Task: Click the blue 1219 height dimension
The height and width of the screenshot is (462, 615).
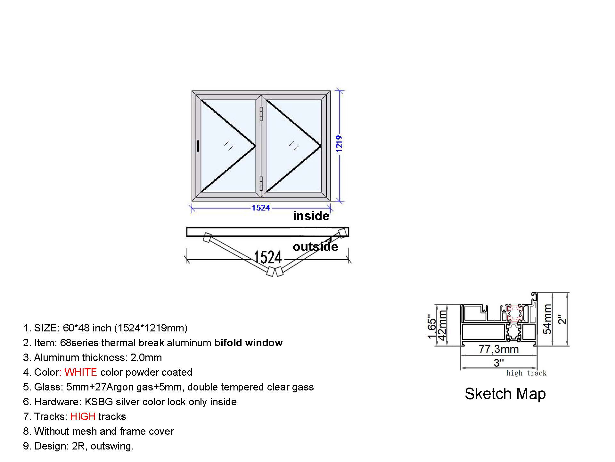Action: [340, 143]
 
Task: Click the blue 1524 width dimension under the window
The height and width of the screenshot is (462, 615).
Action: [261, 208]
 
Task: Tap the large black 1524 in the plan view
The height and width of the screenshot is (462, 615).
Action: [268, 257]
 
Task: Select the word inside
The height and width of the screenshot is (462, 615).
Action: [311, 216]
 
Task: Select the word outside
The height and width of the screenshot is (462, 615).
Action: [316, 246]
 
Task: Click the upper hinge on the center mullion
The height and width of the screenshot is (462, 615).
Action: [261, 114]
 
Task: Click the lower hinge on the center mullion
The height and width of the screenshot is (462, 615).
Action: [261, 184]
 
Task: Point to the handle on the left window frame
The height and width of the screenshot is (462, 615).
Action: [198, 146]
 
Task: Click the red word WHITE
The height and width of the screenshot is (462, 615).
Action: [81, 372]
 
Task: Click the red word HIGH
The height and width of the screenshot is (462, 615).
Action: [83, 416]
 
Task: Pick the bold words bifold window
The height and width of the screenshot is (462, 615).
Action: [249, 343]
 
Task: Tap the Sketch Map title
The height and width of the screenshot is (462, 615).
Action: [505, 394]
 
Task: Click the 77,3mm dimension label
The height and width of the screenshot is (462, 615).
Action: [499, 349]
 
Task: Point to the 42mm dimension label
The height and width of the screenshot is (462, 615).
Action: [442, 324]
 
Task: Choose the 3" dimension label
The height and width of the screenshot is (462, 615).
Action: [499, 363]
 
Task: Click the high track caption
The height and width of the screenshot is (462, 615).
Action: [526, 373]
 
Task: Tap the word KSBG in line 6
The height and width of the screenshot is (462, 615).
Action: [99, 402]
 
